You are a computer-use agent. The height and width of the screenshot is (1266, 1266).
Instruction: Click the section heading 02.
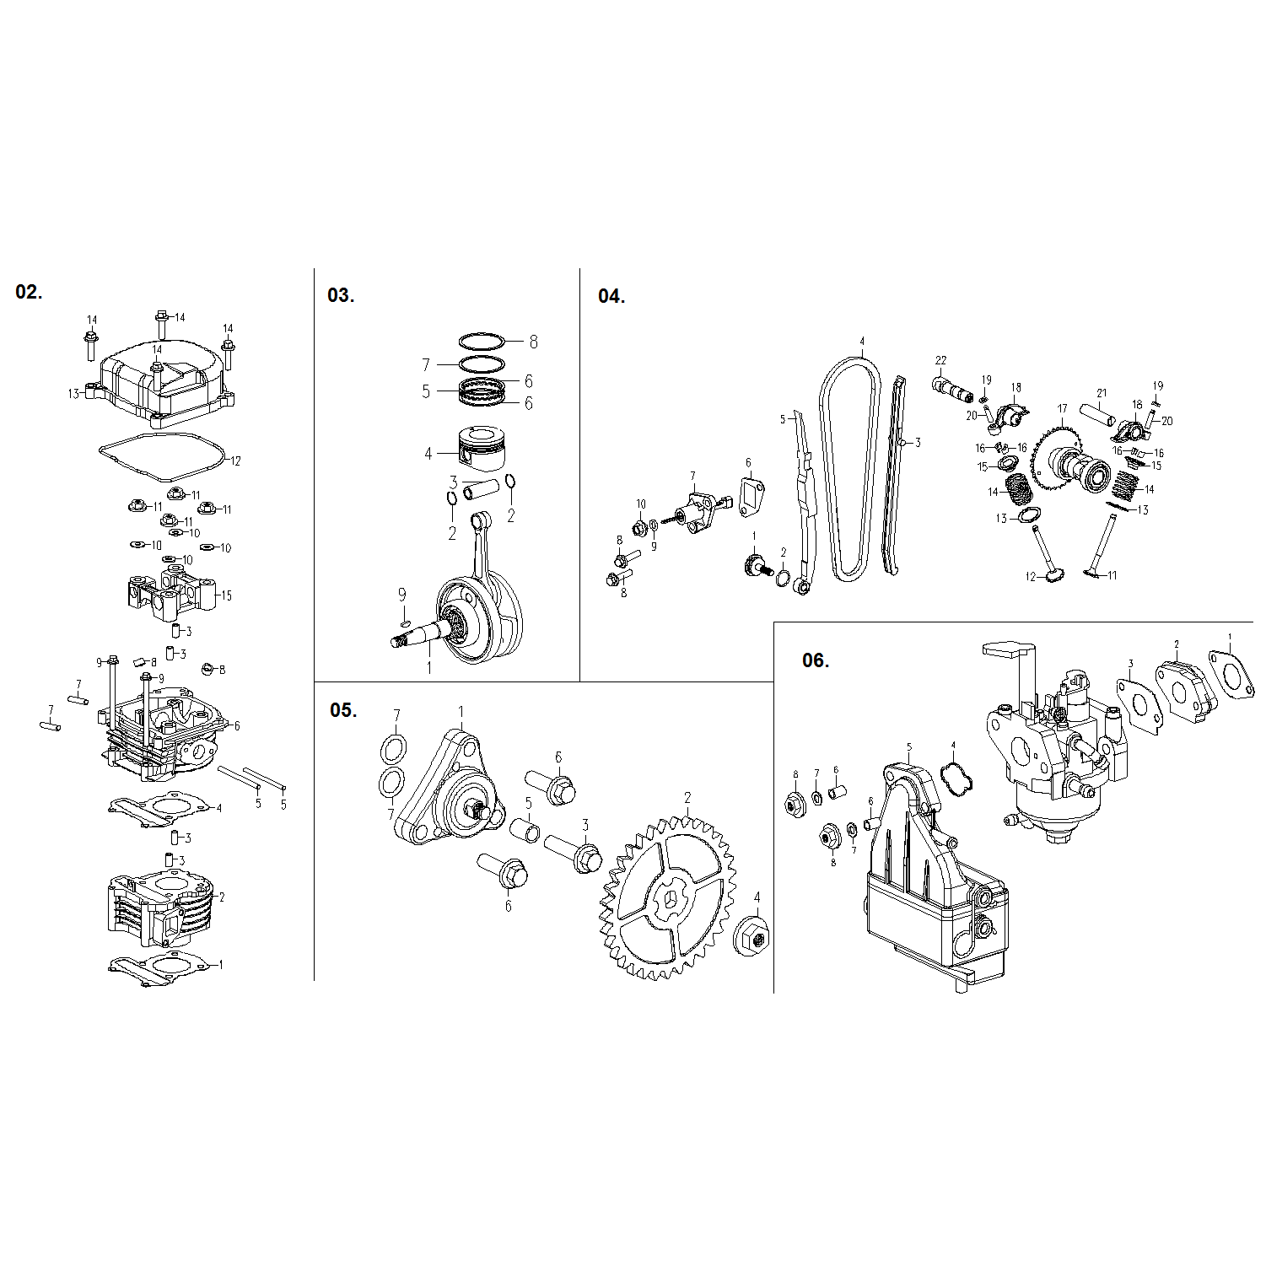point(28,293)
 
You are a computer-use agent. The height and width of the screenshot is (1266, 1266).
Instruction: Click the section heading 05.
point(342,710)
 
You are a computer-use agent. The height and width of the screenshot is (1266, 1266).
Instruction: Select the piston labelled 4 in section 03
point(481,450)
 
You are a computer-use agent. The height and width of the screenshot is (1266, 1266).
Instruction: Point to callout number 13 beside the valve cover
point(73,393)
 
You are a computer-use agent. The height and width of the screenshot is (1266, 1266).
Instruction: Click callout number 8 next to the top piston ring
point(533,342)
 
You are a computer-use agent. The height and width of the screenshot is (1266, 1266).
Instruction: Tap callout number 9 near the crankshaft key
point(402,595)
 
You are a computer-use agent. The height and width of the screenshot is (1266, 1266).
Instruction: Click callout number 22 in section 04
point(940,361)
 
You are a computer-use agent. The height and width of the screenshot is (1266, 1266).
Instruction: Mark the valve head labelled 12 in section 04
point(1054,577)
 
